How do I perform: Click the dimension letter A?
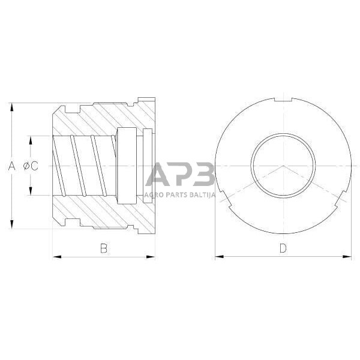[x=11, y=166]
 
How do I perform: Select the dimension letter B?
[x=103, y=248]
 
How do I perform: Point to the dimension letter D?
[x=283, y=248]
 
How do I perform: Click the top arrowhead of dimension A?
[x=11, y=106]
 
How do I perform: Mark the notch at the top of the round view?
[x=283, y=99]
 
